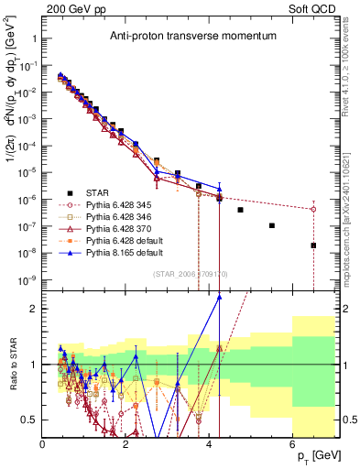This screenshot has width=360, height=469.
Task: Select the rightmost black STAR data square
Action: click(313, 245)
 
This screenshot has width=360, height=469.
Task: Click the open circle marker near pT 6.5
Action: click(313, 209)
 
